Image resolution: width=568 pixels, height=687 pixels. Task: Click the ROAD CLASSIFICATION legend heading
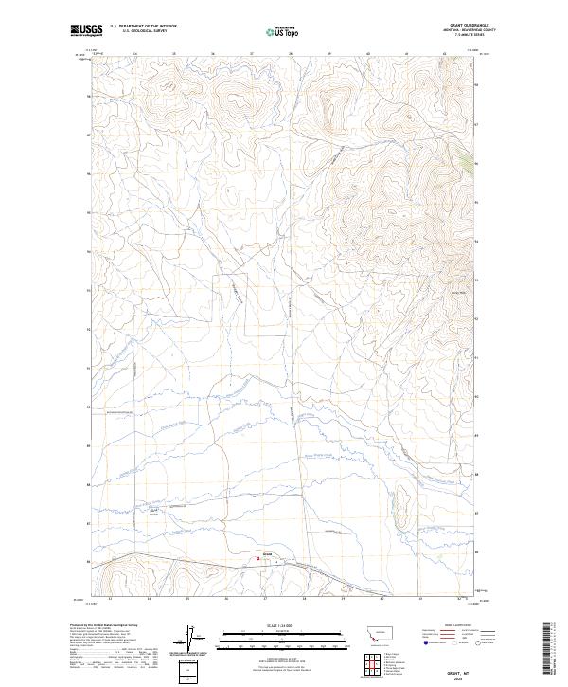458,626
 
